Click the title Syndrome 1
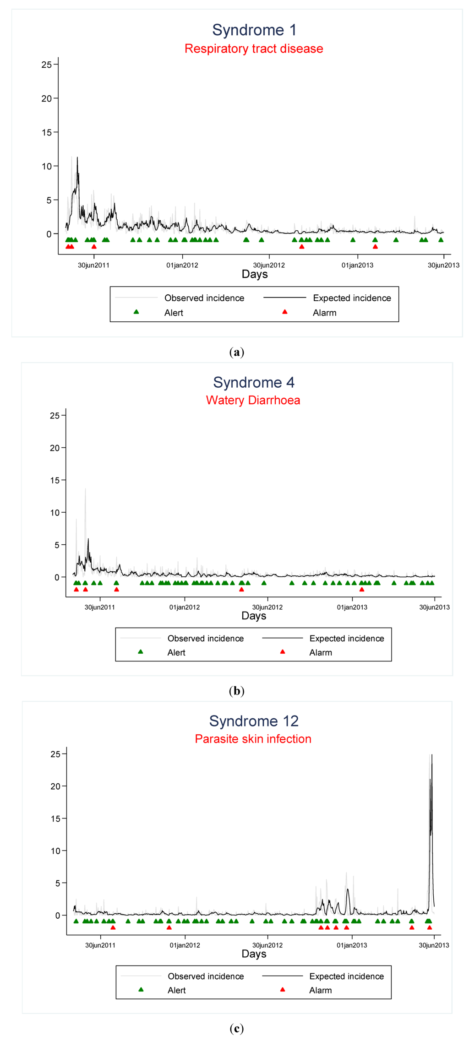pyautogui.click(x=254, y=30)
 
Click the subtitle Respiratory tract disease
pyautogui.click(x=254, y=49)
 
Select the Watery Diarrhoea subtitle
pyautogui.click(x=253, y=400)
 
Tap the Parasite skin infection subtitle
pyautogui.click(x=253, y=739)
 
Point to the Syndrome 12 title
pyautogui.click(x=254, y=721)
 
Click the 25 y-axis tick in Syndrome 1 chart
pyautogui.click(x=47, y=65)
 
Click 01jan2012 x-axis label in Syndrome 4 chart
pyautogui.click(x=185, y=607)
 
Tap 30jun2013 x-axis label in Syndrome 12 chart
pyautogui.click(x=434, y=945)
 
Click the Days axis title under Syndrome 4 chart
pyautogui.click(x=254, y=616)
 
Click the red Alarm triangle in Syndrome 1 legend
pyautogui.click(x=285, y=312)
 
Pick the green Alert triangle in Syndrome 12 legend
pyautogui.click(x=141, y=989)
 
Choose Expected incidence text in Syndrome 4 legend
pyautogui.click(x=347, y=638)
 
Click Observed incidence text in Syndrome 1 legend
pyautogui.click(x=204, y=298)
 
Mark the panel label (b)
pyautogui.click(x=236, y=691)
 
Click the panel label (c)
pyautogui.click(x=236, y=1029)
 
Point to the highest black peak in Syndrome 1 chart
pyautogui.click(x=77, y=158)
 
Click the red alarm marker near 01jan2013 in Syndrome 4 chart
pyautogui.click(x=362, y=589)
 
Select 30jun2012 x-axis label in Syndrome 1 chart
pyautogui.click(x=269, y=265)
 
